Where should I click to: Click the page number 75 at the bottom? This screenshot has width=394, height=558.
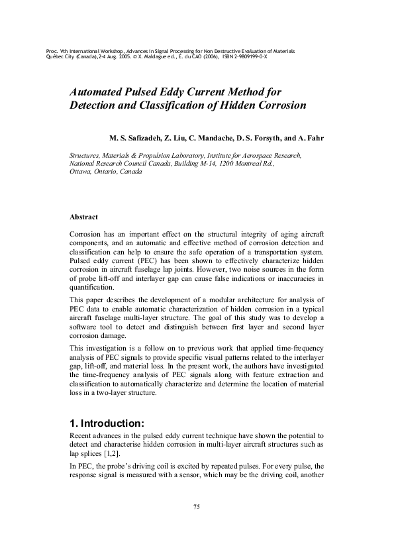pos(197,507)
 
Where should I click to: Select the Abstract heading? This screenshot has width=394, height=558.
pos(84,217)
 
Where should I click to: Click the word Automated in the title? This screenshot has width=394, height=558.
pos(99,92)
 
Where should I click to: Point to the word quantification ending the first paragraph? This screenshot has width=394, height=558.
pos(91,290)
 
